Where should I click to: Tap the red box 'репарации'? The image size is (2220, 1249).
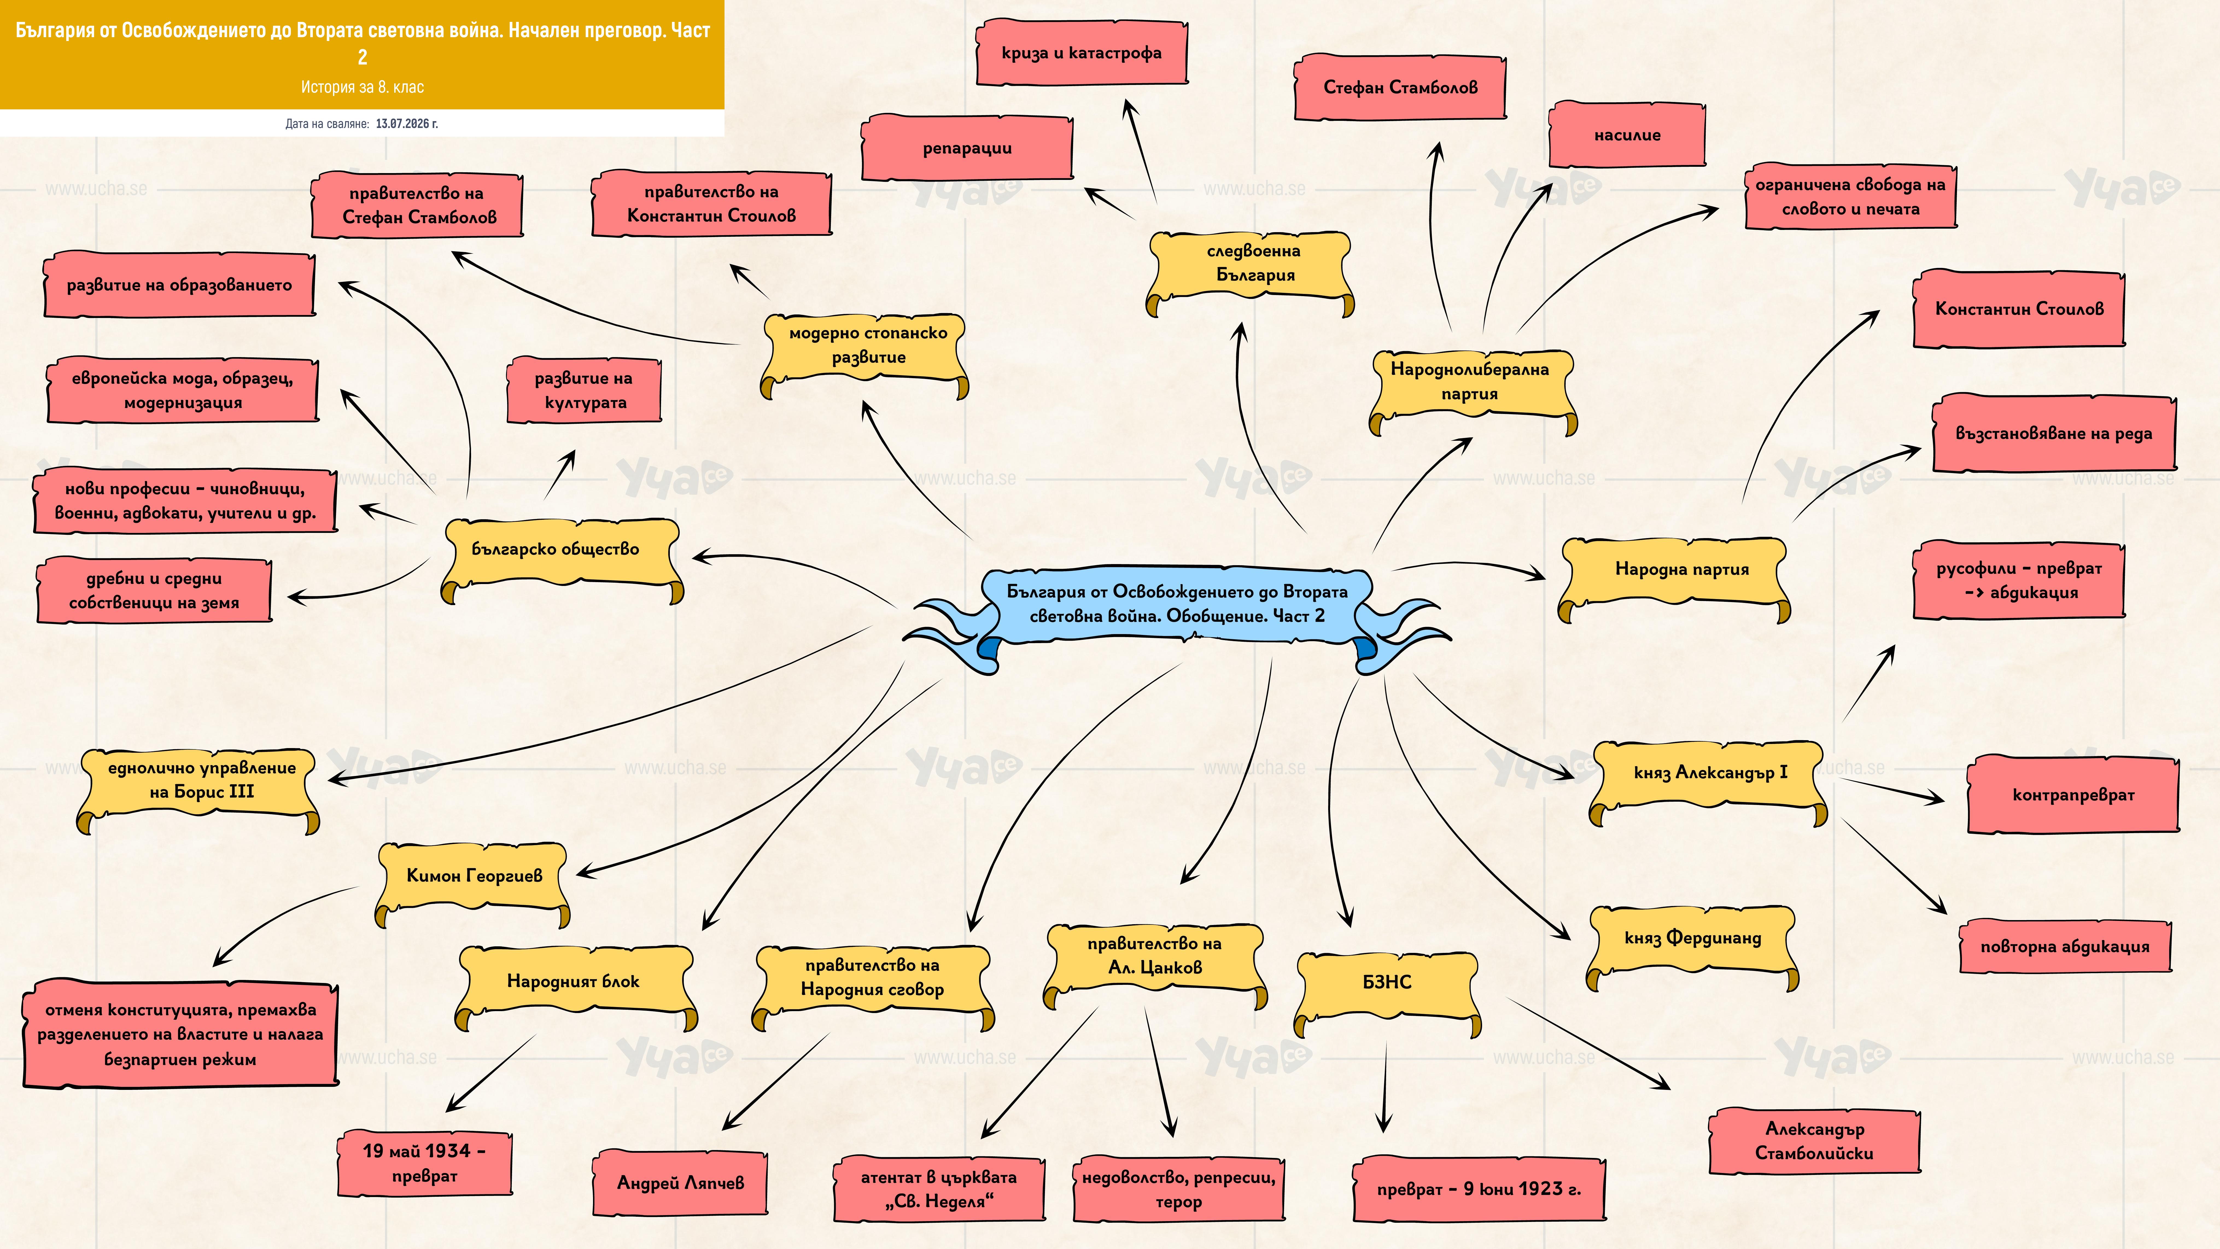(x=967, y=148)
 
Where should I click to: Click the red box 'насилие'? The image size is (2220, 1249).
(x=1627, y=135)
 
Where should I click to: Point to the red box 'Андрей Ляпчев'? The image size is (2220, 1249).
(x=680, y=1183)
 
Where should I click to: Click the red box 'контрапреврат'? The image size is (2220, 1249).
(x=2073, y=795)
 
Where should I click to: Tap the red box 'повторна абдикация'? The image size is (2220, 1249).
(x=2065, y=946)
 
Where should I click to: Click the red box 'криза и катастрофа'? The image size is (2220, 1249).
(x=1082, y=52)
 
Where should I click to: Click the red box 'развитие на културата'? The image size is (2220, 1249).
(x=584, y=390)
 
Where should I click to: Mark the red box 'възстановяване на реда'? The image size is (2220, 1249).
(x=2054, y=434)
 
